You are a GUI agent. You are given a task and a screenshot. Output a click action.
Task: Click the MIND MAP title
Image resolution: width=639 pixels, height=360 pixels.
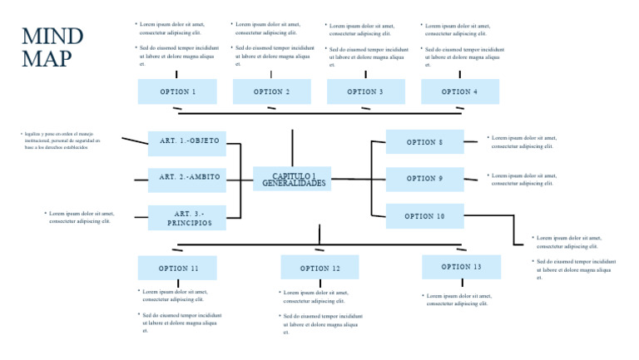tap(52, 47)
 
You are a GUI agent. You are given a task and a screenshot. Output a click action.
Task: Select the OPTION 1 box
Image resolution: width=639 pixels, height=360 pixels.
tap(177, 91)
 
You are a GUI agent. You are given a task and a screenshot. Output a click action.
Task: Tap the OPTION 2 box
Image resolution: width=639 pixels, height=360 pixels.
tap(272, 91)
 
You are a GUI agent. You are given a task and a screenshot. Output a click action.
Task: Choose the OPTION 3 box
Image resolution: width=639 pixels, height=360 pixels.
tap(366, 91)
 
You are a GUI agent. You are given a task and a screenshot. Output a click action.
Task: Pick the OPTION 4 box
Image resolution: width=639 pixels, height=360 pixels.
tap(460, 91)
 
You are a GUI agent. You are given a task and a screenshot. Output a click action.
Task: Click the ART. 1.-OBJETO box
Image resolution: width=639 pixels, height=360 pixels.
tap(187, 142)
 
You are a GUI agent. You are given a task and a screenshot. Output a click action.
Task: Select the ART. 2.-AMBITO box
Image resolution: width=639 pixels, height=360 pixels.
tap(187, 178)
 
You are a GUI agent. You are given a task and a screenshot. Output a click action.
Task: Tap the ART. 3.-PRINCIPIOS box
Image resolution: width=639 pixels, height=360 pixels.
tap(187, 218)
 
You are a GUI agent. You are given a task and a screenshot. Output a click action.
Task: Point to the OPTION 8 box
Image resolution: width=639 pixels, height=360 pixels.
tap(425, 142)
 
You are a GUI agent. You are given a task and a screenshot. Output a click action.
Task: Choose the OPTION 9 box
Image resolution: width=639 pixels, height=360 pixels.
tap(425, 179)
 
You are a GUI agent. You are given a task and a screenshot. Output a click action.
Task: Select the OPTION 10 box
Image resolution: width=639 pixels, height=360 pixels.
tap(425, 216)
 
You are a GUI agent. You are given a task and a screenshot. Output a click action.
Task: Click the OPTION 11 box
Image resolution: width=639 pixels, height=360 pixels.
tap(177, 268)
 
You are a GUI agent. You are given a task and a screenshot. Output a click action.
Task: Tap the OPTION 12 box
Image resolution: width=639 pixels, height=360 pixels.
tap(319, 268)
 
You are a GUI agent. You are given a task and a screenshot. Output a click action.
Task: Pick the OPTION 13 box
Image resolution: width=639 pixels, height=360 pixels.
tap(462, 267)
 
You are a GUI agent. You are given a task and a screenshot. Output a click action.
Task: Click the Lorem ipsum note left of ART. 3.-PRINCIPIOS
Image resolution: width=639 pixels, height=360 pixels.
tap(81, 217)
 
